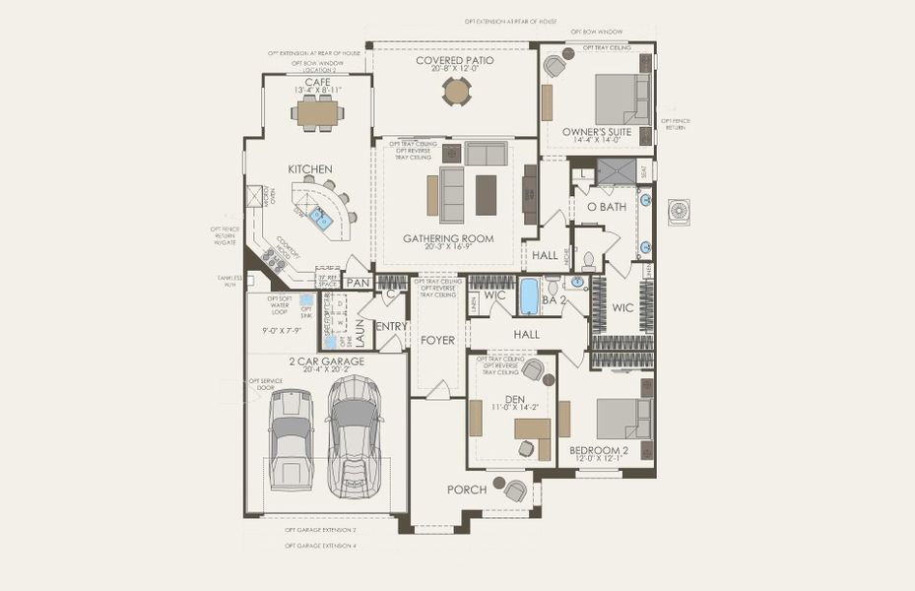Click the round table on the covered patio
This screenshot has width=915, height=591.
(x=456, y=91)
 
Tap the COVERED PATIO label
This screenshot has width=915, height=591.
(x=454, y=60)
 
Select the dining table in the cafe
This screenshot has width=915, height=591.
(x=317, y=115)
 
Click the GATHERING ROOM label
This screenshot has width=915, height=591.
(x=448, y=238)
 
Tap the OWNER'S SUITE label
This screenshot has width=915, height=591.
(x=597, y=131)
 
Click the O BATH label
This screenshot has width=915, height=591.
(x=607, y=207)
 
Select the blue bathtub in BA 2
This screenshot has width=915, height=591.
(x=529, y=295)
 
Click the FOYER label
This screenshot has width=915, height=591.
(x=438, y=340)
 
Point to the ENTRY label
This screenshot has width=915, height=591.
(x=391, y=326)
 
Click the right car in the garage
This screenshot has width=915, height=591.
(x=354, y=433)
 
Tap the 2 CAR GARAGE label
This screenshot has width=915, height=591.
(x=327, y=361)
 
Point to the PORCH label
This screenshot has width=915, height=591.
(x=467, y=490)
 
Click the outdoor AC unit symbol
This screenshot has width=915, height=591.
(x=680, y=212)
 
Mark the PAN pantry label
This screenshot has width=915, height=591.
(x=358, y=283)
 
